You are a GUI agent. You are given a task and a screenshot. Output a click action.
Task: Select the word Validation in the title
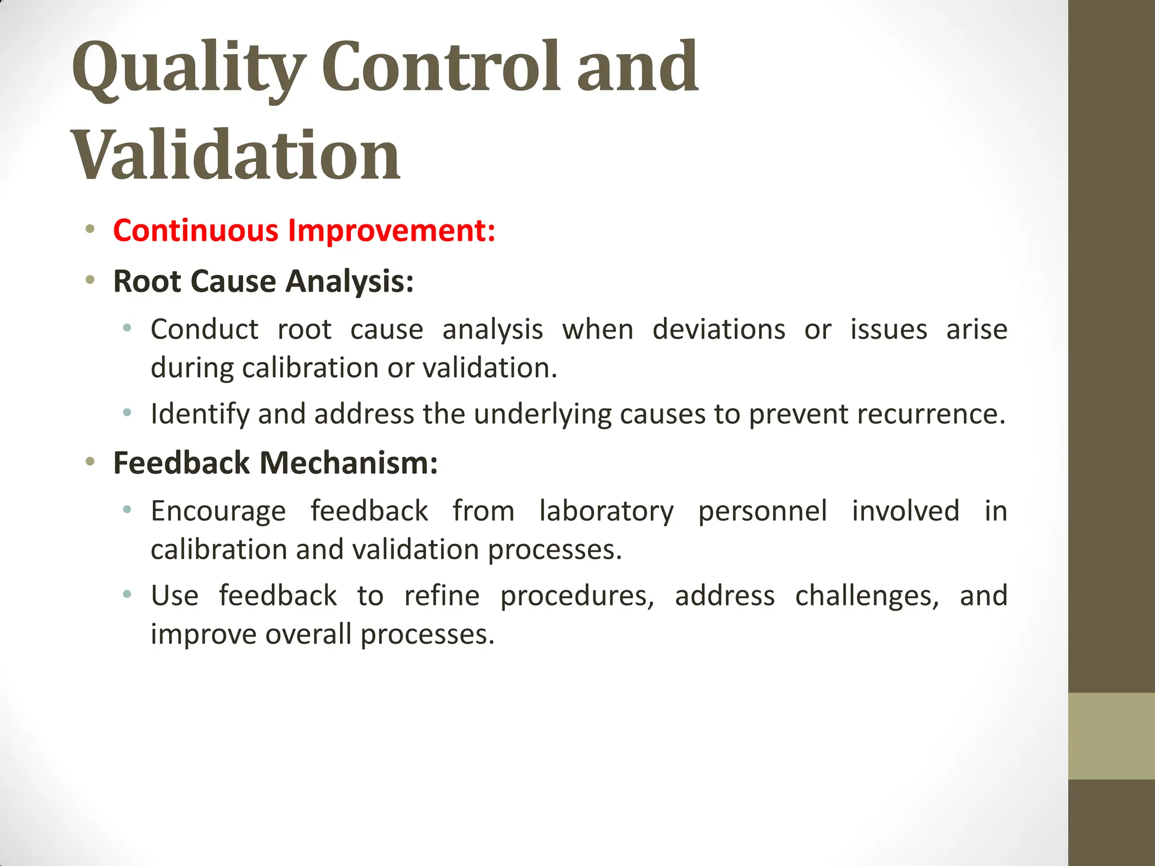[x=235, y=155]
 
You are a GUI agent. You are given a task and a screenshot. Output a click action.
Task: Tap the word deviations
[x=718, y=329]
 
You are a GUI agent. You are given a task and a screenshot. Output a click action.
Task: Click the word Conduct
[x=204, y=329]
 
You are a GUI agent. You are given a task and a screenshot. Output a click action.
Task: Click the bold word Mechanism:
[x=349, y=463]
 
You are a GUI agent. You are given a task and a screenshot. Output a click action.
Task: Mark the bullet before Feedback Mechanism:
[x=90, y=462]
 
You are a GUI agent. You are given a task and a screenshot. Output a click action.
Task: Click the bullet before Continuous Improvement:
[x=90, y=229]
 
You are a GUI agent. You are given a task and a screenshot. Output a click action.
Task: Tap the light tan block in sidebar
[x=1111, y=736]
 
